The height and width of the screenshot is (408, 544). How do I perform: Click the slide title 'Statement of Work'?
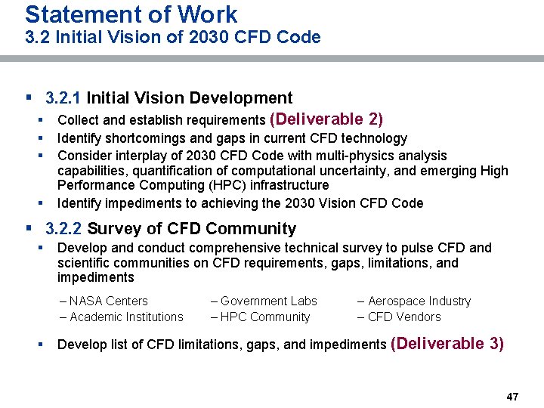[131, 14]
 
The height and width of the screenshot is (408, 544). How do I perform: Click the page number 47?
[512, 397]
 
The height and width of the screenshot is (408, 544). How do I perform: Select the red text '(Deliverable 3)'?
[447, 344]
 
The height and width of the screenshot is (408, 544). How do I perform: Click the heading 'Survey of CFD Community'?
[192, 228]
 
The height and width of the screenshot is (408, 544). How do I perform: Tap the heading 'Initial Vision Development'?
[190, 97]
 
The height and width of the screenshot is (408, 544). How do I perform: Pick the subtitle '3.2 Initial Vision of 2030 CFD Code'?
[172, 37]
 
